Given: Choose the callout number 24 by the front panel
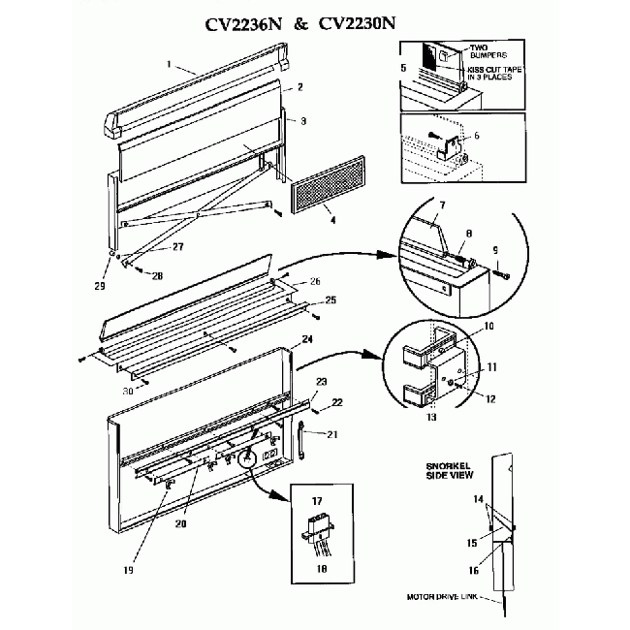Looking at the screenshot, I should pyautogui.click(x=306, y=339).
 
